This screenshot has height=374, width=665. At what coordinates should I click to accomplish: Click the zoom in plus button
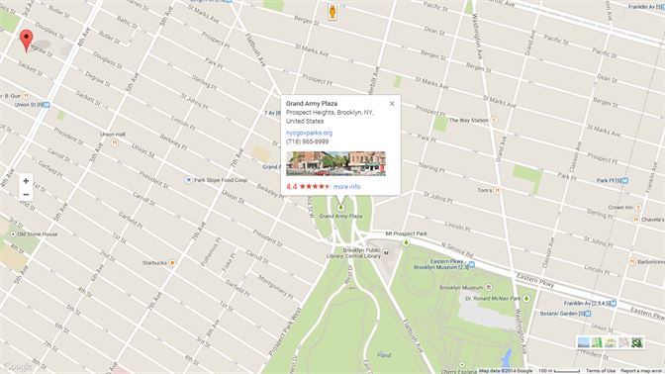pos(26,181)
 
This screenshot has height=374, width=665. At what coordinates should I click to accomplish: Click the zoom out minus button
pos(26,195)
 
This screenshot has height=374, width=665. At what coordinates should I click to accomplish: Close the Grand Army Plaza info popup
pos(392,103)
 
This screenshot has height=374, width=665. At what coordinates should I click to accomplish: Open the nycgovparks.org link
pos(309,132)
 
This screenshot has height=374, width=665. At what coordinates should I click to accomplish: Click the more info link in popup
pos(347,186)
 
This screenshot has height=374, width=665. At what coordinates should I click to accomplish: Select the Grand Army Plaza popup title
pos(311,104)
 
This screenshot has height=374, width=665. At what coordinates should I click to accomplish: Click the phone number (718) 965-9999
pos(307,141)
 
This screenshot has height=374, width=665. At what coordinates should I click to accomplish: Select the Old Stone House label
pos(36,234)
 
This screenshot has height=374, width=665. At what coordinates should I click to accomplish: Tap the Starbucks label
pos(154,262)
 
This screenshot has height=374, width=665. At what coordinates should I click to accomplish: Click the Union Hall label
pos(112,135)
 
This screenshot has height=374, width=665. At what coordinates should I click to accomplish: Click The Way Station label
pos(467,121)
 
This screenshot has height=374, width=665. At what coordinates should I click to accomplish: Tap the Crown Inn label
pos(620,207)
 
